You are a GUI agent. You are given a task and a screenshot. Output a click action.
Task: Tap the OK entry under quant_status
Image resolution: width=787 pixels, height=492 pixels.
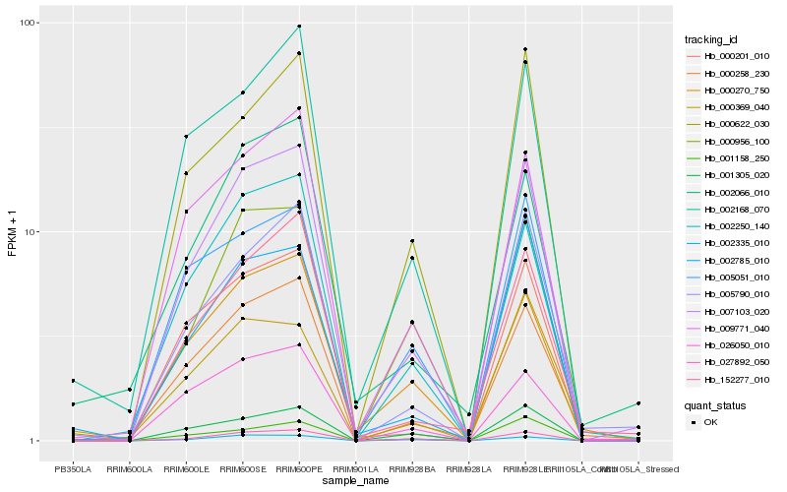(x=724, y=421)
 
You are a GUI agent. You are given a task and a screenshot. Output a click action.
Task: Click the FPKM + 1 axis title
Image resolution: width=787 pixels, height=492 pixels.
(x=13, y=232)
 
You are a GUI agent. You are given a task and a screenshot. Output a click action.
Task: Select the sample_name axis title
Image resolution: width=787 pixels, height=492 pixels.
(x=354, y=481)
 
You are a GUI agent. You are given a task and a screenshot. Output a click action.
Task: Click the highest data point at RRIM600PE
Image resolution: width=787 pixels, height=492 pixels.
(x=299, y=27)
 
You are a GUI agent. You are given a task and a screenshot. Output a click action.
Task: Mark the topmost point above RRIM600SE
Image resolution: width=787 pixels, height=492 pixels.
(x=242, y=92)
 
